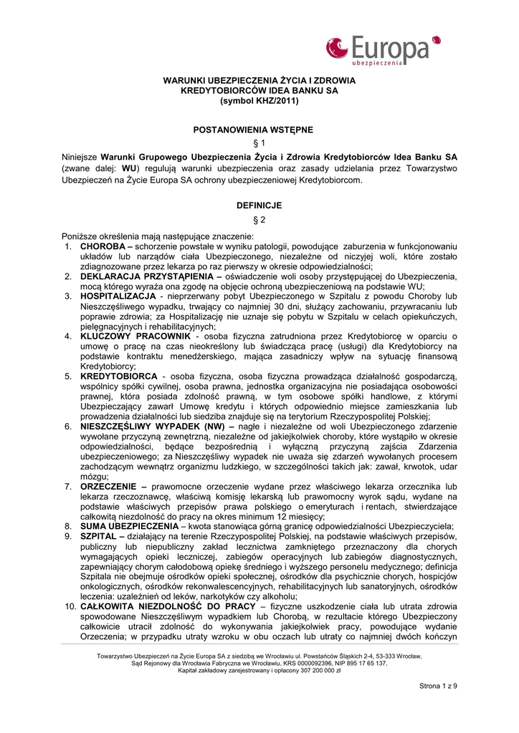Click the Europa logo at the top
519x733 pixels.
coord(383,50)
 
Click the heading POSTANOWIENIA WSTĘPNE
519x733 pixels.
coord(259,130)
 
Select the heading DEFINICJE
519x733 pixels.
coord(259,205)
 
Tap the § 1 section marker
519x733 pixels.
coord(259,143)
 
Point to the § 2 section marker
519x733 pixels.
coord(259,219)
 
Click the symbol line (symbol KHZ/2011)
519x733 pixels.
coord(259,101)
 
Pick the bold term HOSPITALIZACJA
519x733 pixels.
coord(118,296)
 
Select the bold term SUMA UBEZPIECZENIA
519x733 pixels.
coord(129,526)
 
